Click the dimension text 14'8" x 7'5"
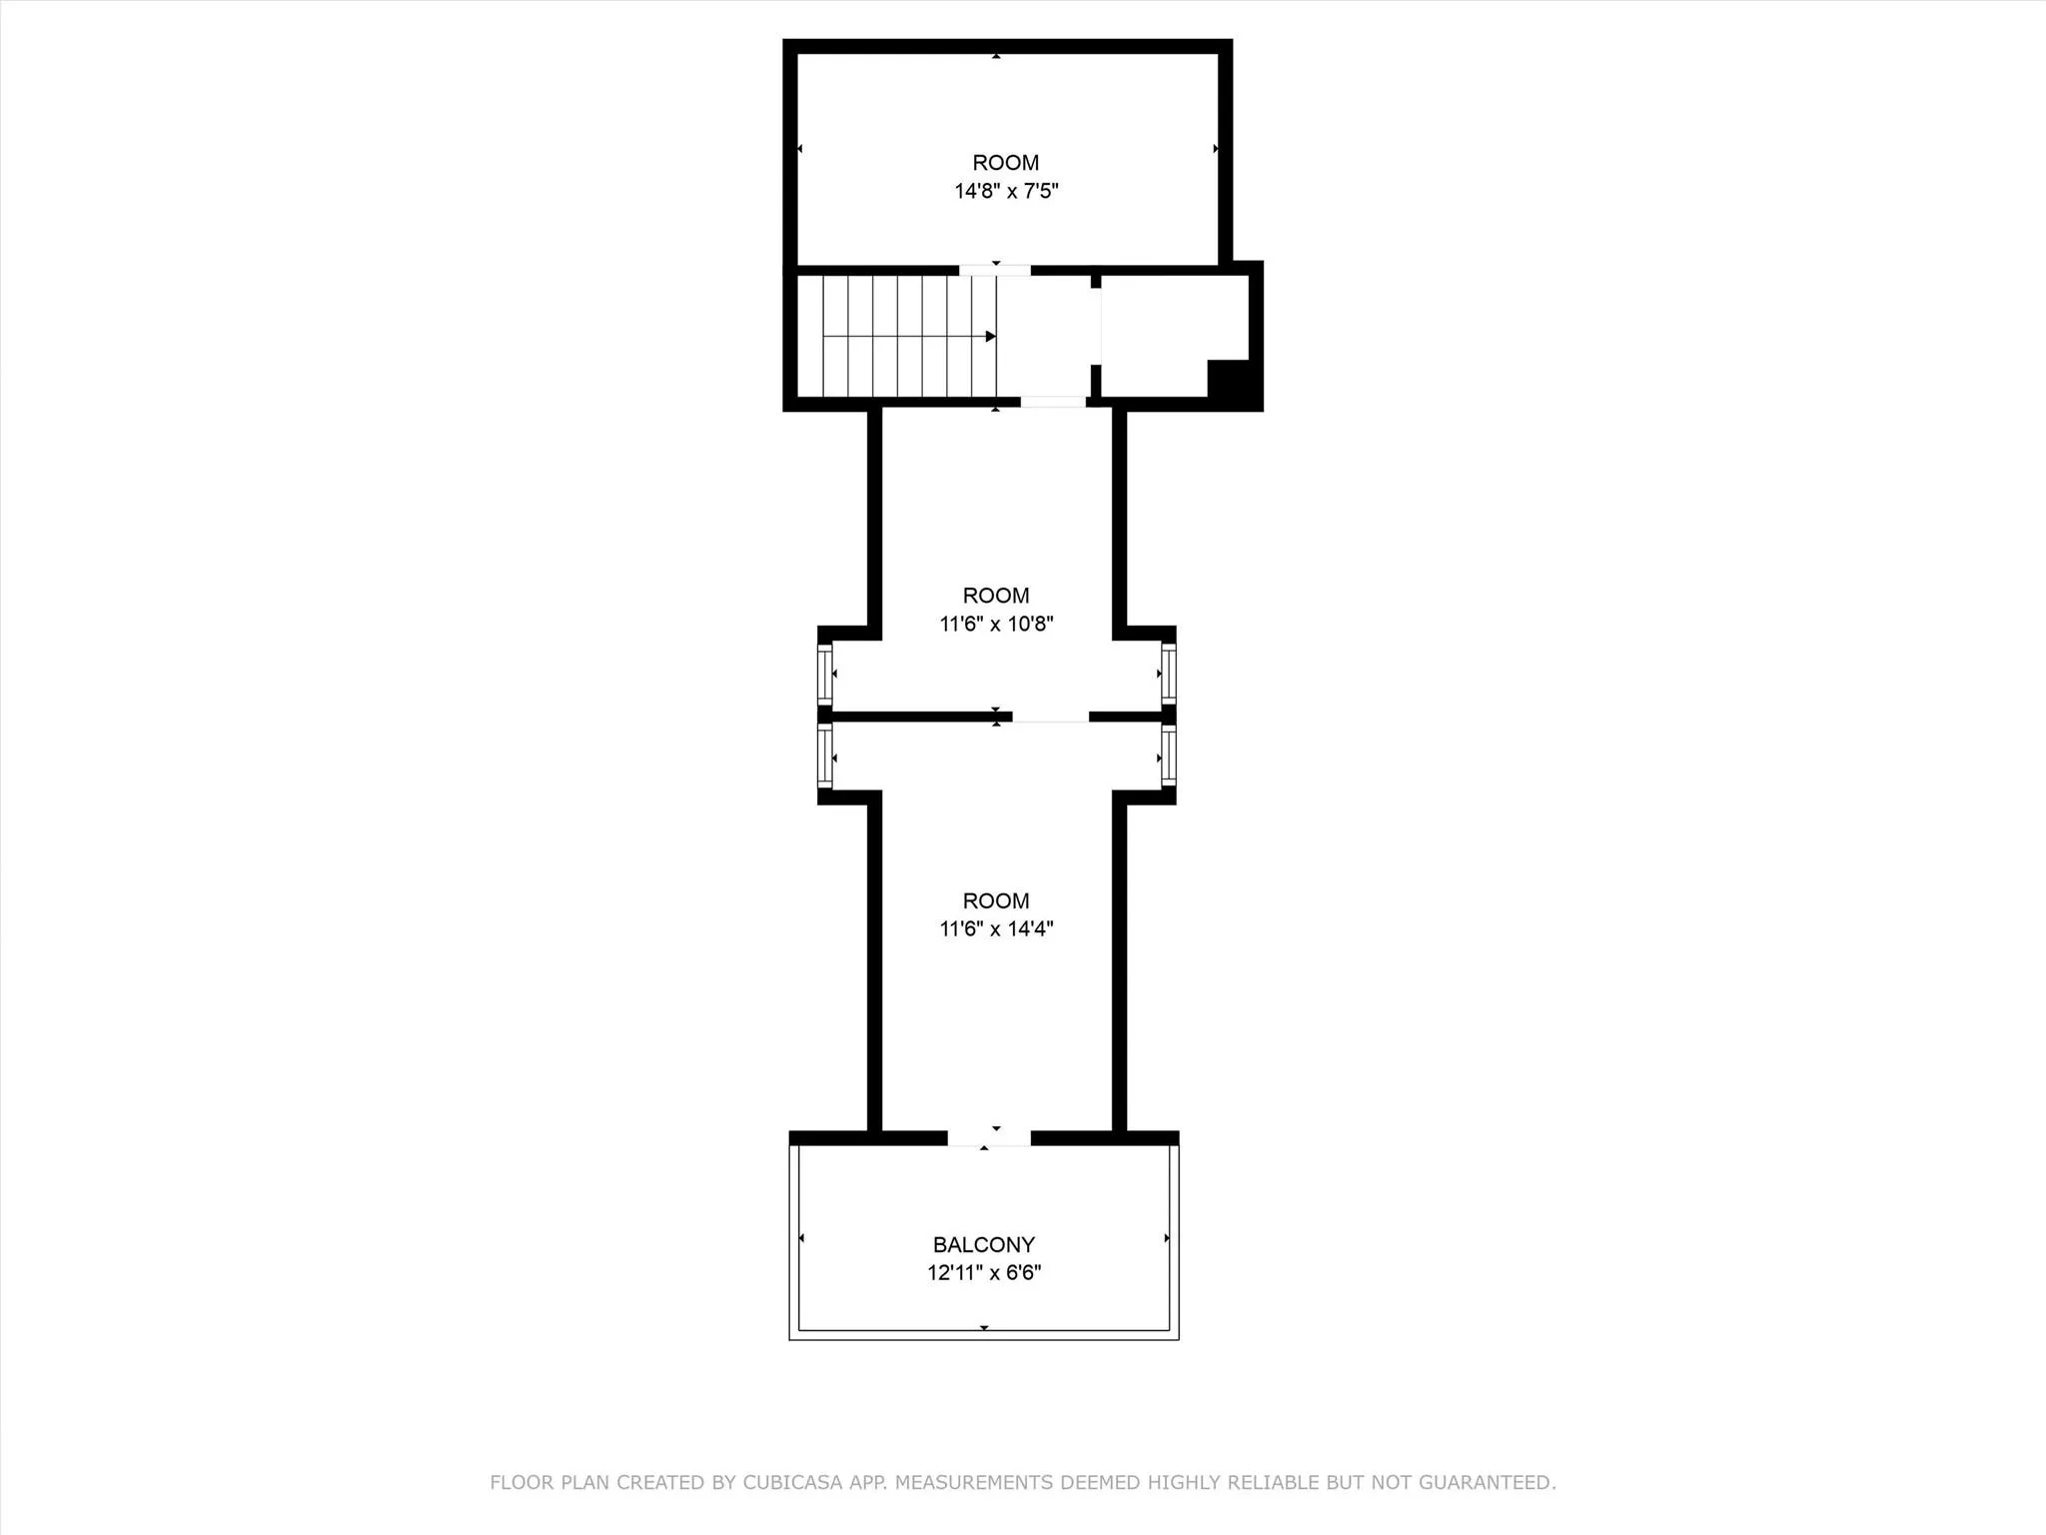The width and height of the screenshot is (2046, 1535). click(x=1006, y=191)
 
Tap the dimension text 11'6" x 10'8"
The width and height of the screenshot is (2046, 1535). click(x=996, y=625)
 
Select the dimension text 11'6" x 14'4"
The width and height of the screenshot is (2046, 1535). click(x=996, y=928)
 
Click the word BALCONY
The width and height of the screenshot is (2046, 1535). click(x=984, y=1244)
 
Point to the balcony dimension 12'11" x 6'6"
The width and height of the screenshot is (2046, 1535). click(x=984, y=1272)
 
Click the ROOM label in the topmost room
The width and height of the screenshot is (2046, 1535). click(x=1006, y=163)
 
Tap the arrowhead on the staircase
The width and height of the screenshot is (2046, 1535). click(x=990, y=336)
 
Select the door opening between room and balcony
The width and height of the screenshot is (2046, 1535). click(x=988, y=1138)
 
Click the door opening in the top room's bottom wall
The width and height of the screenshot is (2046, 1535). click(x=995, y=270)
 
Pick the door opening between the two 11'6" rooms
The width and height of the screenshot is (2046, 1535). click(x=1050, y=717)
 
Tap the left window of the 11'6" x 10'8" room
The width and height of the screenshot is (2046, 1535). click(x=825, y=675)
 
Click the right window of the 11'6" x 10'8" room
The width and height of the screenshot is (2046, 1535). click(x=1168, y=675)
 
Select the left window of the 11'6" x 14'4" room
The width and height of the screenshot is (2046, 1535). click(x=825, y=757)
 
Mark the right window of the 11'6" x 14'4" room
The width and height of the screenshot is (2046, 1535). click(x=1168, y=757)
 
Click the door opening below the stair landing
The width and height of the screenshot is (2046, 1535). click(x=1053, y=402)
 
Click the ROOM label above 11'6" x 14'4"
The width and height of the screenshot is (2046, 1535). click(x=996, y=900)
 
